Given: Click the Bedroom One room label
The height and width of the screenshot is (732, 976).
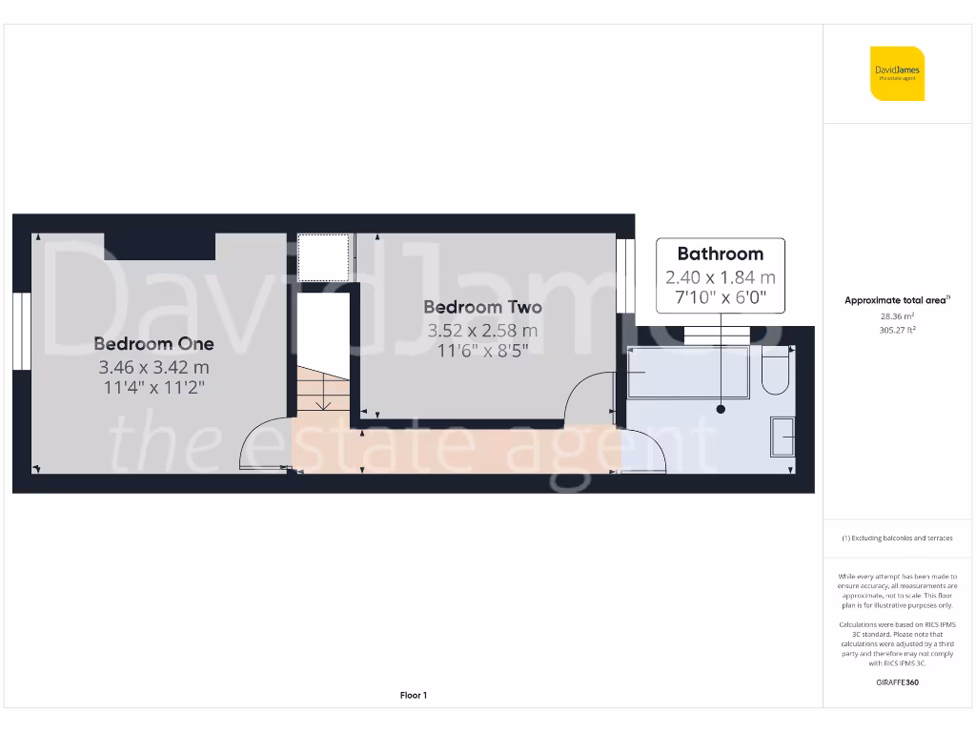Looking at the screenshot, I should pyautogui.click(x=153, y=343).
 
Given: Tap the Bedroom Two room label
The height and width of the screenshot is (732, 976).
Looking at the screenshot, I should pyautogui.click(x=482, y=307).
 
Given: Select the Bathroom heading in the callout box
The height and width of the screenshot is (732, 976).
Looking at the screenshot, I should pyautogui.click(x=720, y=254).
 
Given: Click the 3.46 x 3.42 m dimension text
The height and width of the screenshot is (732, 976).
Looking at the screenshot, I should pyautogui.click(x=153, y=367).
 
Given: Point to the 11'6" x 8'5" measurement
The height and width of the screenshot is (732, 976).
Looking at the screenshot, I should pyautogui.click(x=482, y=351).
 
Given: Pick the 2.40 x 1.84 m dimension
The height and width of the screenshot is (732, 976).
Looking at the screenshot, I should pyautogui.click(x=720, y=277).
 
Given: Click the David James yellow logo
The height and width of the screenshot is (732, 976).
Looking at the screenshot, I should pyautogui.click(x=897, y=73).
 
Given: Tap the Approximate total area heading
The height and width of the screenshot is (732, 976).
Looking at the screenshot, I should pyautogui.click(x=896, y=300).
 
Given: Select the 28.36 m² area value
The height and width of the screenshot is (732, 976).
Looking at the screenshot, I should pyautogui.click(x=897, y=315).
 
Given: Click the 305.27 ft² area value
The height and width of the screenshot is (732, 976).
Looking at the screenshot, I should pyautogui.click(x=897, y=330).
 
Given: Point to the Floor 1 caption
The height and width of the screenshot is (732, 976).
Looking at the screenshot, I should pyautogui.click(x=413, y=696).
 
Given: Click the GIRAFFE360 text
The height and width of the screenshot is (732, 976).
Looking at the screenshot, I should pyautogui.click(x=897, y=682).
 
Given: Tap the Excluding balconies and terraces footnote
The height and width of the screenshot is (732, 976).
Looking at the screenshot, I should pyautogui.click(x=897, y=539).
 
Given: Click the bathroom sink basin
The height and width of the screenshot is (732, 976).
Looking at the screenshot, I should pyautogui.click(x=784, y=437).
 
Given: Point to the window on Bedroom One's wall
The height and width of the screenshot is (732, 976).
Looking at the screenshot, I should pyautogui.click(x=19, y=330).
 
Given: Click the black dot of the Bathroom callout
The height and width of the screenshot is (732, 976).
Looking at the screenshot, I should pyautogui.click(x=721, y=409).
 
